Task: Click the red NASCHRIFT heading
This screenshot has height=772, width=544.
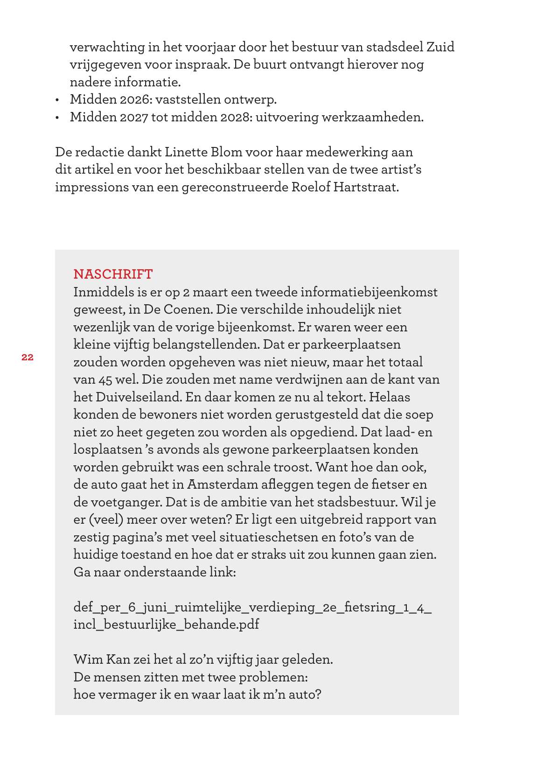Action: tap(113, 274)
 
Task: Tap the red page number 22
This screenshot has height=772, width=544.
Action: tap(27, 358)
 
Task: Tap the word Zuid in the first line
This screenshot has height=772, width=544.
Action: tap(440, 47)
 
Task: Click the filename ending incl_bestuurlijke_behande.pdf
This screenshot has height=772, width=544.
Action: tap(166, 625)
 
